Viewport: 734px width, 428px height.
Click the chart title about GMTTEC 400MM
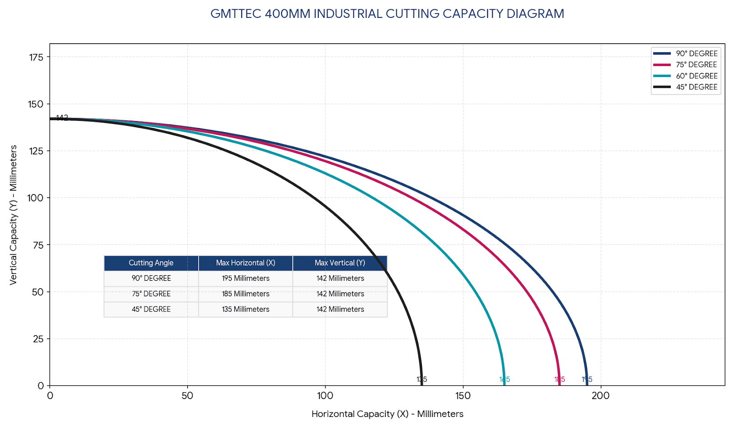[387, 14]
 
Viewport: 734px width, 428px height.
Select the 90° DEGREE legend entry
[696, 54]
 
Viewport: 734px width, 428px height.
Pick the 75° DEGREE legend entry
[696, 65]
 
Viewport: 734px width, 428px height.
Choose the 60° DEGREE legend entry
[696, 76]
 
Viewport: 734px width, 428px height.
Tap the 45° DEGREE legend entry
[696, 87]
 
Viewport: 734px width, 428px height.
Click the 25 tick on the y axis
[38, 339]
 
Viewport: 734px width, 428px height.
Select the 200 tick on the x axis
[601, 396]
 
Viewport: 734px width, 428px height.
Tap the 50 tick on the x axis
[187, 396]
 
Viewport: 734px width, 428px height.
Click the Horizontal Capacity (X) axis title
[387, 414]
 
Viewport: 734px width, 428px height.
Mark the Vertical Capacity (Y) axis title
[13, 215]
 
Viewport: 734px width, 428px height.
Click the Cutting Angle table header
[151, 263]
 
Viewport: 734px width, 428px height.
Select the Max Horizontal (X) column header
[245, 263]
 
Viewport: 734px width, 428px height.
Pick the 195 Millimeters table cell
[245, 278]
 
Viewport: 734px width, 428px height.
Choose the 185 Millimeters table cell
[245, 294]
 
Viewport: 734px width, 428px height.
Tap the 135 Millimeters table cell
[245, 310]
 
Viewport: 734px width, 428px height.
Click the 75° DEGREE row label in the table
[151, 294]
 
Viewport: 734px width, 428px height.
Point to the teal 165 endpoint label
[505, 380]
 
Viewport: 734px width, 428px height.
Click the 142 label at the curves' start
[62, 118]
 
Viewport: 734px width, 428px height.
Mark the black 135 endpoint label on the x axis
[422, 380]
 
